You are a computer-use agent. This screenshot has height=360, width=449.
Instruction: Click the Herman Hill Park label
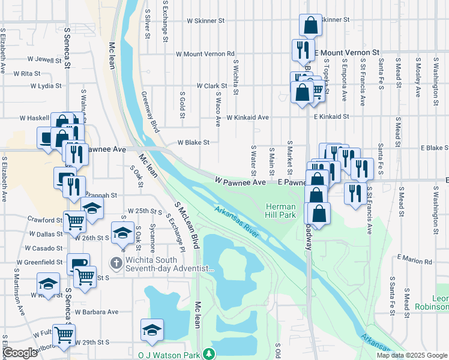[281, 210]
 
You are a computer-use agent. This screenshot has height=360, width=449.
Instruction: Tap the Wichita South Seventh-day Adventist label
[169, 265]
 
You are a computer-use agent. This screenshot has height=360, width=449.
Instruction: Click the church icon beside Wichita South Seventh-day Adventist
[115, 263]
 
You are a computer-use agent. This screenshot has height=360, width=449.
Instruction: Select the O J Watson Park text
[170, 355]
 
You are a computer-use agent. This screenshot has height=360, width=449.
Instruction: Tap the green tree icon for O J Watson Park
[208, 355]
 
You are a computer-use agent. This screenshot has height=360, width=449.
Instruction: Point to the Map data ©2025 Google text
[412, 355]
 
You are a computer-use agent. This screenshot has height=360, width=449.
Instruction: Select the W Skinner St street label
[205, 20]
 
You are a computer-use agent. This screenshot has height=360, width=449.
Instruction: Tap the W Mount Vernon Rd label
[205, 54]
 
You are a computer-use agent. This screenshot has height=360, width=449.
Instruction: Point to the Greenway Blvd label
[150, 112]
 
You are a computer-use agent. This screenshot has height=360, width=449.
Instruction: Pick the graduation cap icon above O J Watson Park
[152, 329]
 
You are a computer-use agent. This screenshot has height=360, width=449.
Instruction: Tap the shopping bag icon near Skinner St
[310, 25]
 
